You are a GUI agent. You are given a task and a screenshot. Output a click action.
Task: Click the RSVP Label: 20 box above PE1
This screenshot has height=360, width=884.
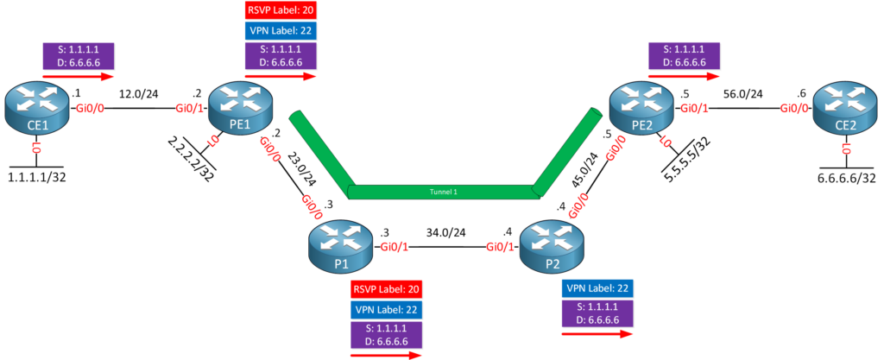[281, 12]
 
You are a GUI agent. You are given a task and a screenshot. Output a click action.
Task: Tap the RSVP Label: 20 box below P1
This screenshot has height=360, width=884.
[386, 289]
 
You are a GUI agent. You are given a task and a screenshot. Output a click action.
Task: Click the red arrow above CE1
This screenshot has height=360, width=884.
[77, 74]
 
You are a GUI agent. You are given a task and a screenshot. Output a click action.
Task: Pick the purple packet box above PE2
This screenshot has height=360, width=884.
[685, 56]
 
